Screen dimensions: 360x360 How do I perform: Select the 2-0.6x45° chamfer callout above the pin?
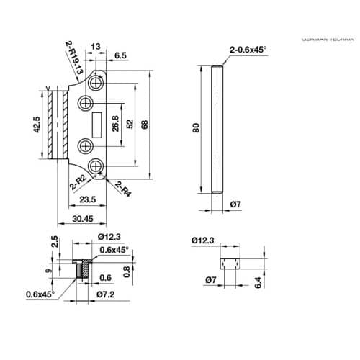point(248,49)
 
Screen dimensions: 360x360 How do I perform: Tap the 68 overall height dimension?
point(145,125)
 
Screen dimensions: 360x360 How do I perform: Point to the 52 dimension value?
point(130,125)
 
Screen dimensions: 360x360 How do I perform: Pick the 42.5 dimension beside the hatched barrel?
point(36,124)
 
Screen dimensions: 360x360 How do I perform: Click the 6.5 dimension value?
point(120,55)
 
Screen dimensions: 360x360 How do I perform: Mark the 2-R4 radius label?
point(123,190)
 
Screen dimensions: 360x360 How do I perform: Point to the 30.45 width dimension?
point(83,219)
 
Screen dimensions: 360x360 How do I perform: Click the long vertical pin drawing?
point(217,129)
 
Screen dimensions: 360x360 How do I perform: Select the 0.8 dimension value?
point(126,271)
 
